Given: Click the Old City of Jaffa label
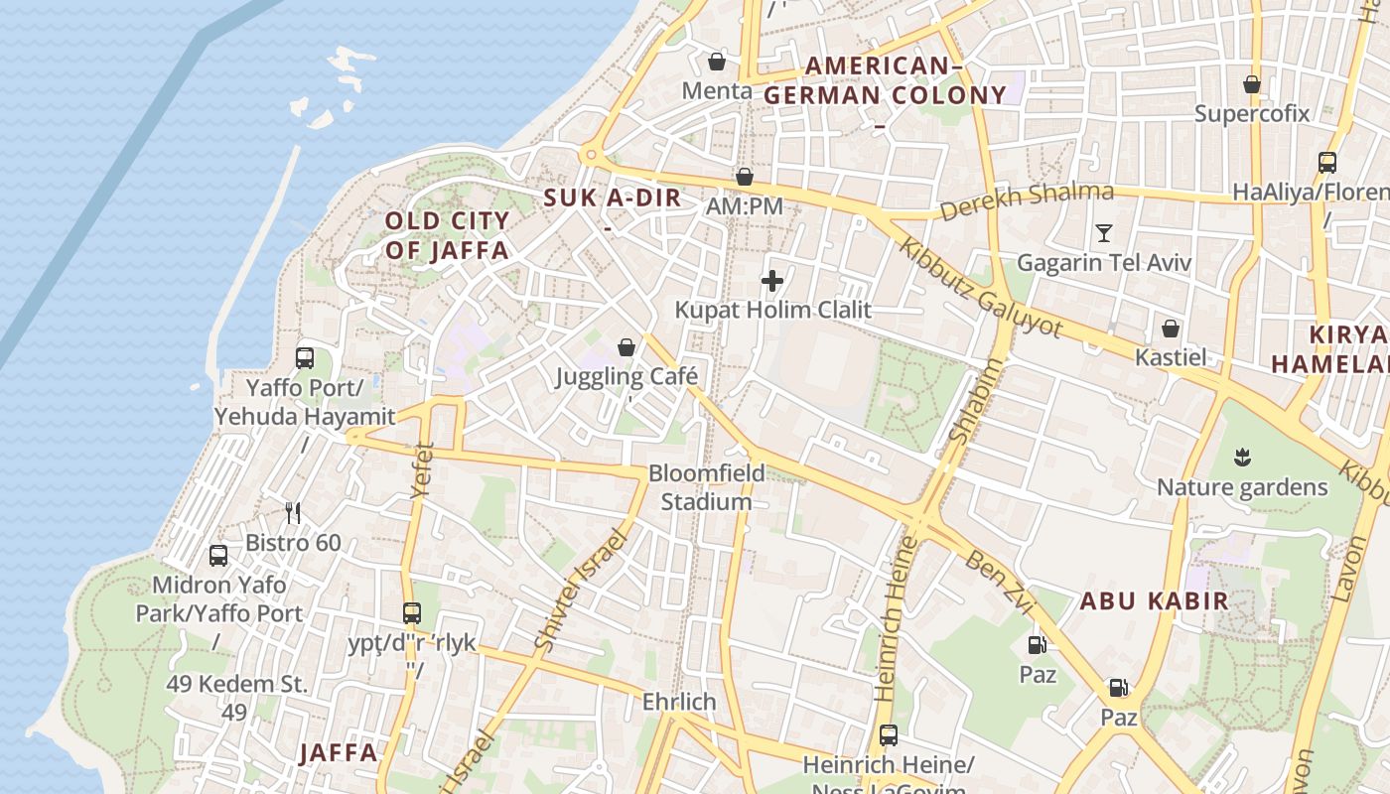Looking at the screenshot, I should click(447, 235).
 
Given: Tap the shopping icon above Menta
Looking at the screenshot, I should click(716, 62).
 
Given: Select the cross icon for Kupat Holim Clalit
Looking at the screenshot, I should click(771, 281).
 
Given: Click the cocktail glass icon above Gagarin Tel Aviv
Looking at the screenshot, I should click(1103, 233).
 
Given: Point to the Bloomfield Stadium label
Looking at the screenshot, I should click(707, 487).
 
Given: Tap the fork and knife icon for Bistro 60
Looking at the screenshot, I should click(293, 512).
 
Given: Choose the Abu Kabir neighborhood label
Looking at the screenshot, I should click(1154, 600).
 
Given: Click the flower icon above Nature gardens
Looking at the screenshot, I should click(1241, 458).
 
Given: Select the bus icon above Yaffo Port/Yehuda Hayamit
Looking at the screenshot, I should click(305, 357).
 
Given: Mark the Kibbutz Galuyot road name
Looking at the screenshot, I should click(980, 287).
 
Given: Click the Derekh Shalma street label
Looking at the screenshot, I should click(1026, 201).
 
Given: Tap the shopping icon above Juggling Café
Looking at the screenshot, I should click(626, 346).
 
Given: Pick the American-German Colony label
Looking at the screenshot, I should click(884, 81).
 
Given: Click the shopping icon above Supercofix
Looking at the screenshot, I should click(1252, 84).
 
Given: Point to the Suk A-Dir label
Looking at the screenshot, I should click(613, 198).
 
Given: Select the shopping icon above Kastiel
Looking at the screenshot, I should click(1171, 328).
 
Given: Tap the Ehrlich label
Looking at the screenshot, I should click(679, 702).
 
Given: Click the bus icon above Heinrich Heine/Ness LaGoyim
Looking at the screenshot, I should click(889, 735).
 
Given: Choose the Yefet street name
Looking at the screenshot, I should click(422, 469).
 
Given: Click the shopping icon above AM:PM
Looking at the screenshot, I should click(745, 177).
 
